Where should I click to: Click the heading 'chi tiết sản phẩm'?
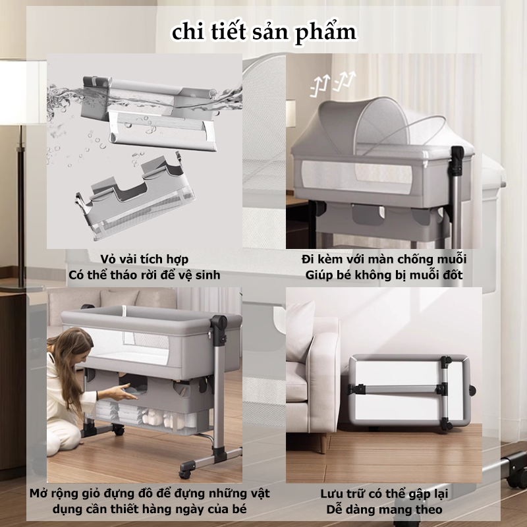point(264,32)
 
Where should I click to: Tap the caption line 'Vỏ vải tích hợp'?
point(144,259)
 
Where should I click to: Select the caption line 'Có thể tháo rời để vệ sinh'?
point(144,275)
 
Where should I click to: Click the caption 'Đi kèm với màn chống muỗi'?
point(384,259)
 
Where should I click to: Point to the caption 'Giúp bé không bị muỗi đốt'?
point(384,275)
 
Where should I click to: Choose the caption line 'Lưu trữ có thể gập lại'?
point(384,493)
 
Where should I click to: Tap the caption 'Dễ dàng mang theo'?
point(384,509)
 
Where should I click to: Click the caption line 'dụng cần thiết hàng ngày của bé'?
point(150,509)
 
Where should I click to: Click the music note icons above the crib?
point(333,84)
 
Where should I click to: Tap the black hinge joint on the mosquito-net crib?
point(457,158)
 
